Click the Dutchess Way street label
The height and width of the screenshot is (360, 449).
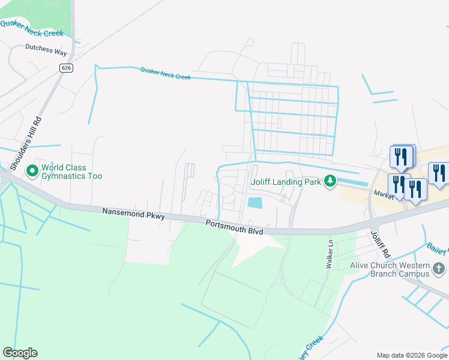tap(46, 52)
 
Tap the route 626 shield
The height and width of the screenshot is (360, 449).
tap(66, 68)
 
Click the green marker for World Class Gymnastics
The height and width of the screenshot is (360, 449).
tap(32, 172)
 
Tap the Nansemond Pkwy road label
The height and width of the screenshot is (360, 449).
tap(133, 214)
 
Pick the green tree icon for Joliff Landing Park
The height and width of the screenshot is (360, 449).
tap(329, 181)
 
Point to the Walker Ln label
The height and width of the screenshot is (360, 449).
tap(330, 254)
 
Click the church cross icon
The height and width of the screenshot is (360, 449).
tap(439, 268)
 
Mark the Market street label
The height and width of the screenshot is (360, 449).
tap(384, 194)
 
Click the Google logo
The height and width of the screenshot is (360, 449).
tap(20, 353)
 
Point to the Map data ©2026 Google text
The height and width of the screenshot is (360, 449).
tap(411, 355)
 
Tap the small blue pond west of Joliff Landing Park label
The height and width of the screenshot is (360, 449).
tap(255, 203)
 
